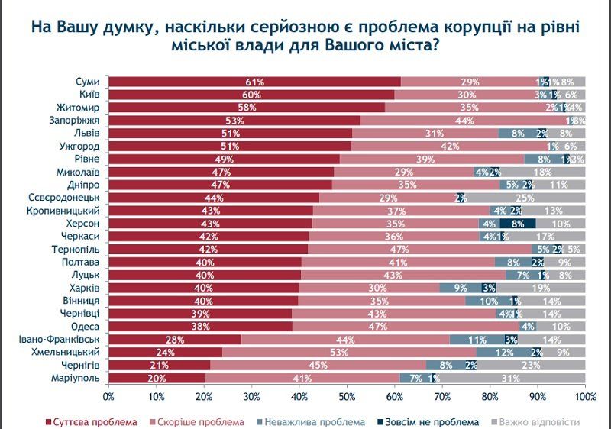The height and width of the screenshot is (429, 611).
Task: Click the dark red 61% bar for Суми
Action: pyautogui.click(x=254, y=82)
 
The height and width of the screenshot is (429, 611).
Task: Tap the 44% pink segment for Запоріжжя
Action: pyautogui.click(x=463, y=121)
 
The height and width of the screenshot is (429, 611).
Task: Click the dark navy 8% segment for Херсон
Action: pyautogui.click(x=517, y=224)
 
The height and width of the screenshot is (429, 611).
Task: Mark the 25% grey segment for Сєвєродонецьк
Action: pyautogui.click(x=525, y=198)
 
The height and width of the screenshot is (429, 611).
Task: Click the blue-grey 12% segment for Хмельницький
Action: pyautogui.click(x=505, y=353)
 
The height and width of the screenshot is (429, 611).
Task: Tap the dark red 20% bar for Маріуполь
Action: pyautogui.click(x=156, y=379)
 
